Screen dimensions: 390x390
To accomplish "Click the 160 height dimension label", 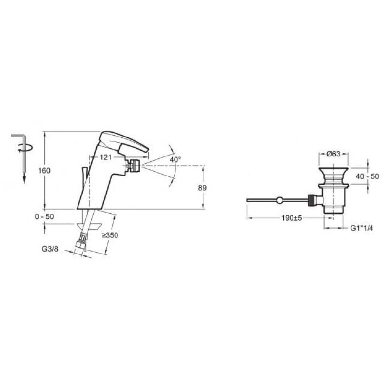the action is click(x=44, y=171).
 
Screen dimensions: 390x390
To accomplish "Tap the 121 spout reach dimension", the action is click(x=106, y=157).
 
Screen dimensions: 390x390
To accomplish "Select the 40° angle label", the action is click(x=175, y=159).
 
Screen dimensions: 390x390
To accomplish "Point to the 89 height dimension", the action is click(x=202, y=188).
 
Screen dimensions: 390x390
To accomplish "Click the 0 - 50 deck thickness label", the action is click(x=44, y=216).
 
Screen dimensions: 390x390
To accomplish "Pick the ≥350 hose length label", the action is click(x=110, y=235).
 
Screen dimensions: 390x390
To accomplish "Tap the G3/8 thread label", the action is click(x=50, y=249).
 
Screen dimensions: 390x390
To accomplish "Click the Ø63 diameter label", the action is click(x=333, y=154).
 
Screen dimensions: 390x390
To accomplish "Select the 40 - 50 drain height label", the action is click(x=368, y=176).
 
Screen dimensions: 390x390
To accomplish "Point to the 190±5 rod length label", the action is click(x=292, y=218).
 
